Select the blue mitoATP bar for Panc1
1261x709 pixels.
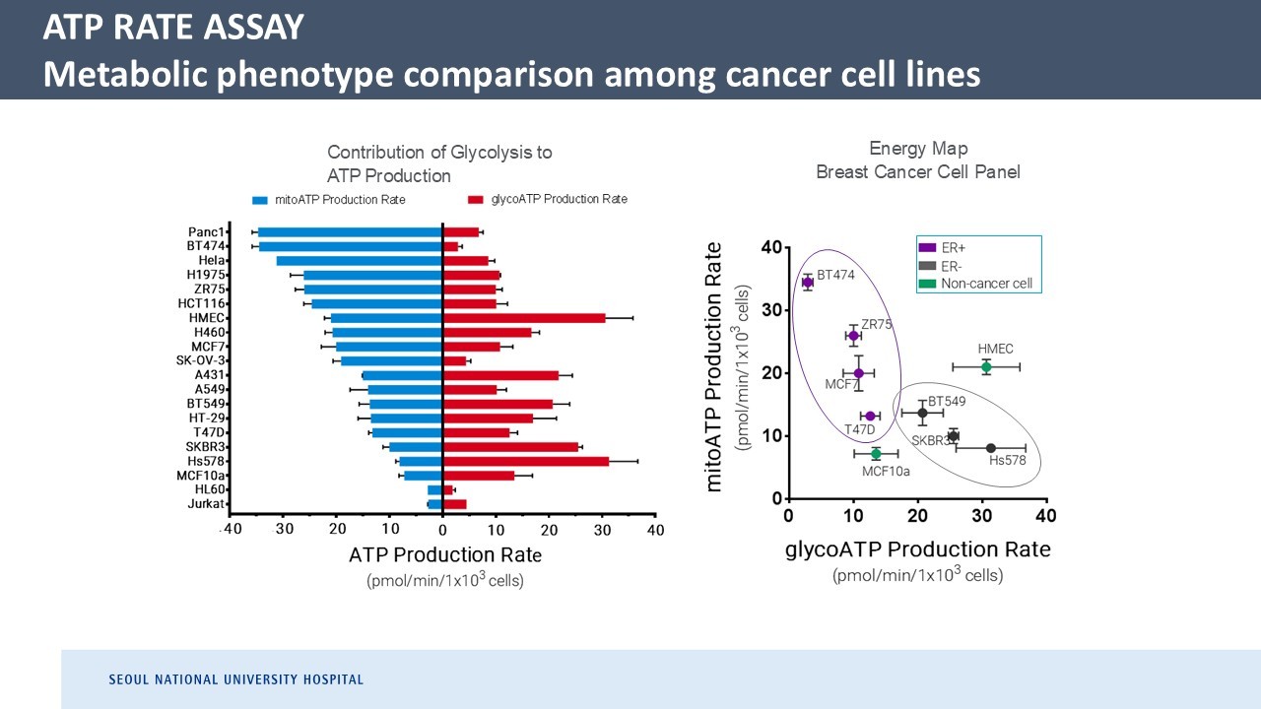[350, 232]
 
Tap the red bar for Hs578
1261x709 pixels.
[526, 461]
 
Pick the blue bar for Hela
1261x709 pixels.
[360, 261]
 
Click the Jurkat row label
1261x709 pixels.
[209, 504]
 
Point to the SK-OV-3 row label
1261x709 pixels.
[202, 361]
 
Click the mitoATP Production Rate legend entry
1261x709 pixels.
[328, 200]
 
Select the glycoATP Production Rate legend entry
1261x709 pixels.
[547, 199]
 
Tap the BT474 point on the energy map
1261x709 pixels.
[808, 283]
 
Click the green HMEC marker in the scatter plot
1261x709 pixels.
[986, 367]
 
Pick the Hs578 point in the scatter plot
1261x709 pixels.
[991, 448]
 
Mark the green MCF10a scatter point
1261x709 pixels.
[876, 453]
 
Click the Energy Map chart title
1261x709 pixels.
[917, 161]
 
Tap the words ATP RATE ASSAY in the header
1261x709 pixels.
[173, 29]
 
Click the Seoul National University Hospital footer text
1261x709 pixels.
[235, 679]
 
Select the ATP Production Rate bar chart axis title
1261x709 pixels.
[445, 555]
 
